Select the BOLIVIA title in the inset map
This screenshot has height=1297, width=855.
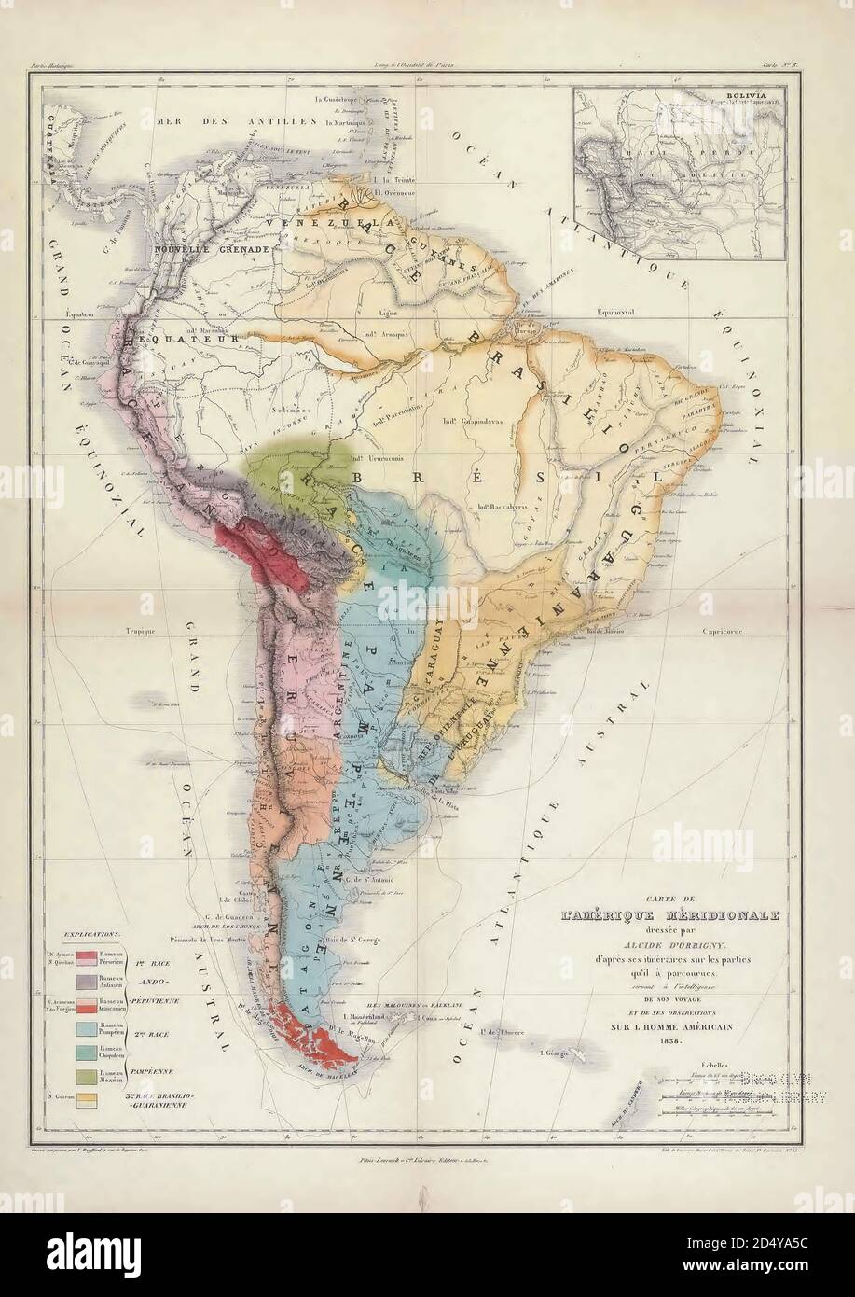pos(729,94)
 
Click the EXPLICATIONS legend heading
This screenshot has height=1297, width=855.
pos(91,931)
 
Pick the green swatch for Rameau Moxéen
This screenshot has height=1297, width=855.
pos(88,1076)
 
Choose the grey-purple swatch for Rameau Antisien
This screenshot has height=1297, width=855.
pos(88,981)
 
